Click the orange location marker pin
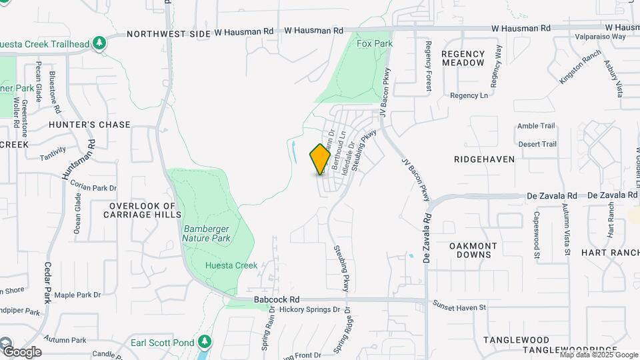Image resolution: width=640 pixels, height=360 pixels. click(x=320, y=159)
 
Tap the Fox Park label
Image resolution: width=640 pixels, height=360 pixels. click(x=375, y=43)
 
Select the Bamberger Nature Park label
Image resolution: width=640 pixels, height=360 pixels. click(x=207, y=233)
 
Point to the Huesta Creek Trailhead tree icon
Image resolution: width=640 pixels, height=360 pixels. click(x=99, y=43)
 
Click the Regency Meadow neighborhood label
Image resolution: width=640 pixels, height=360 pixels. click(x=463, y=58)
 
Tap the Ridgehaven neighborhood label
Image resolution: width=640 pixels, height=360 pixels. click(x=484, y=159)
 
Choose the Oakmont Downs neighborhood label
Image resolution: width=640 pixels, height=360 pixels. click(x=473, y=250)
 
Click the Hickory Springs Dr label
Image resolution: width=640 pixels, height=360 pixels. click(x=309, y=310)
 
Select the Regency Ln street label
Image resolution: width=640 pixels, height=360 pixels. click(x=469, y=95)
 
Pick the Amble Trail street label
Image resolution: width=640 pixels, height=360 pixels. click(x=536, y=125)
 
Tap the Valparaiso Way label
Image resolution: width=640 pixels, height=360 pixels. click(x=600, y=37)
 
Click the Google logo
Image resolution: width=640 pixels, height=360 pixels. click(x=21, y=351)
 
